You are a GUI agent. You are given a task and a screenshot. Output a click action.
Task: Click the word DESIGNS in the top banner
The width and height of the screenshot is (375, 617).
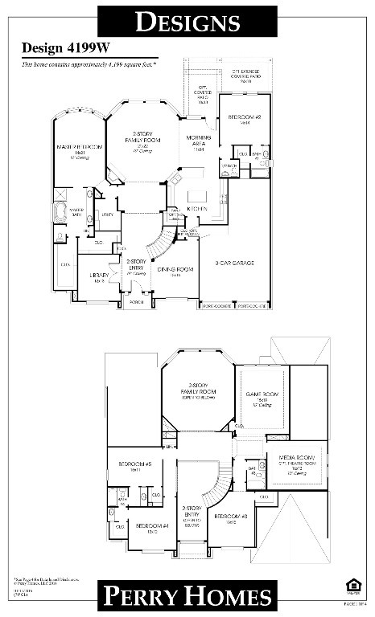(x=187, y=22)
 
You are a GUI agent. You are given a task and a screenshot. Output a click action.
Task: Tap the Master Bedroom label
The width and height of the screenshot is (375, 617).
(x=79, y=148)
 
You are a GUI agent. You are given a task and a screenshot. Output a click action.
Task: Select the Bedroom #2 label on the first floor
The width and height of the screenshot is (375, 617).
(x=242, y=117)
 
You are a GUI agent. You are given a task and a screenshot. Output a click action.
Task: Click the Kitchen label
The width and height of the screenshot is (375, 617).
(x=197, y=209)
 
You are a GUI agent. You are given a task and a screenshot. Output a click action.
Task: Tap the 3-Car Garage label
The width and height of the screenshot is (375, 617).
(x=235, y=263)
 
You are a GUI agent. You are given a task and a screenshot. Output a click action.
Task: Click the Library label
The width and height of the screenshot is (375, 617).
(x=93, y=276)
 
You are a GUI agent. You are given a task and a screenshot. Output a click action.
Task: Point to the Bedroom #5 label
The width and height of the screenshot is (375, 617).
(x=130, y=464)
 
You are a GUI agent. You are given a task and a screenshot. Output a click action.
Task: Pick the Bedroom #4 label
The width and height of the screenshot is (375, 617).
(x=146, y=526)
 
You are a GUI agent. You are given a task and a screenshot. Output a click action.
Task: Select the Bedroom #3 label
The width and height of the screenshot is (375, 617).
(x=225, y=517)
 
